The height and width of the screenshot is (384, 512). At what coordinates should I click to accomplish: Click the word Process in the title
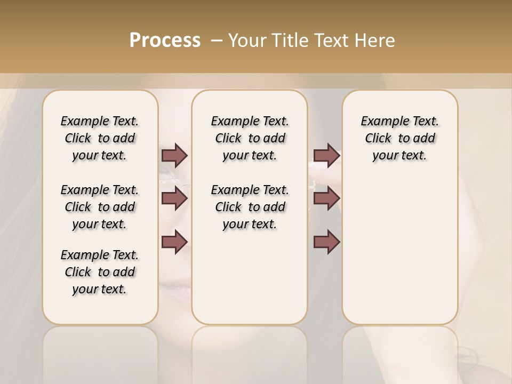coord(165,41)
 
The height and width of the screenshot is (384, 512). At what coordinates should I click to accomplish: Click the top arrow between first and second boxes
coord(174,156)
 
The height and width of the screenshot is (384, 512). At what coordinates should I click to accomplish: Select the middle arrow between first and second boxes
coord(174,199)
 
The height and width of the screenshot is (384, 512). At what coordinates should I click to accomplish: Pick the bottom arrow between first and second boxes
coord(174,242)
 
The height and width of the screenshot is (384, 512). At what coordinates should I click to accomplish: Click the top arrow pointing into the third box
coord(326,156)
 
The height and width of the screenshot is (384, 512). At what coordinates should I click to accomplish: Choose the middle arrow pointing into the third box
coord(326,199)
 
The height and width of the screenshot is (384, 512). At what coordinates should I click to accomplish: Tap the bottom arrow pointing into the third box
coord(326,242)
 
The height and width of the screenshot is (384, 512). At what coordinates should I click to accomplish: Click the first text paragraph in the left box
coord(100,138)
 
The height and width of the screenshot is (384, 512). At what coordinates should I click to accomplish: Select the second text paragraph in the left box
coord(100,207)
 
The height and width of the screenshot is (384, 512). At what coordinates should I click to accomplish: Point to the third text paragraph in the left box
coord(100,272)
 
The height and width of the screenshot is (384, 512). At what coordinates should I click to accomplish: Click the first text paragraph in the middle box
coord(250,138)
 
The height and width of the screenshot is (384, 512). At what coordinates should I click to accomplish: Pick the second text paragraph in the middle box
coord(250,207)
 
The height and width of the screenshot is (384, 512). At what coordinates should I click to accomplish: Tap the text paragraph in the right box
coord(399,138)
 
